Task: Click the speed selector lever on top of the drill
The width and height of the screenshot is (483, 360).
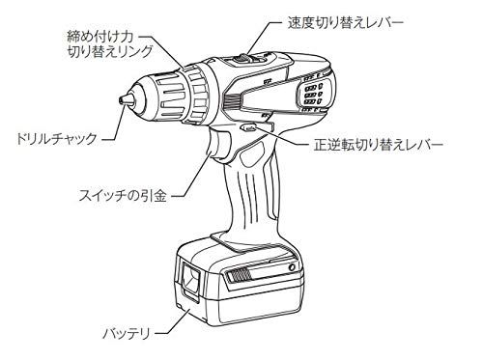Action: point(248,60)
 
